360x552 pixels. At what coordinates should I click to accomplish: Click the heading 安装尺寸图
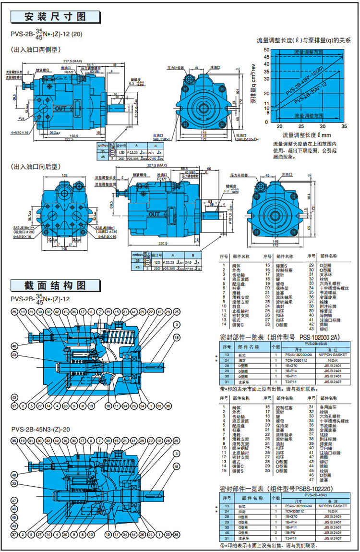55,17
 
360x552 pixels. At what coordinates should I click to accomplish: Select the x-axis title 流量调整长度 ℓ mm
307,135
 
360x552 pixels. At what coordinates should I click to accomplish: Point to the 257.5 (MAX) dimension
156,166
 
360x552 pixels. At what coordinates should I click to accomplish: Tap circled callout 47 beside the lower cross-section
14,501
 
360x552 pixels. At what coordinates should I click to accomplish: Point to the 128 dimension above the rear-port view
65,176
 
